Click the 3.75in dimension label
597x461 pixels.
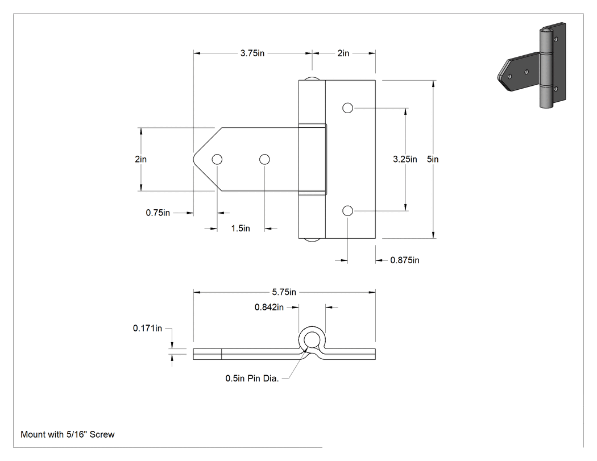pos(252,53)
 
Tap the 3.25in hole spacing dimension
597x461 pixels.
pos(405,159)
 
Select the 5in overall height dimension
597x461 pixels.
pos(433,159)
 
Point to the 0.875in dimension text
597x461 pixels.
pos(405,260)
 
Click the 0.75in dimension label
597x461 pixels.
pos(157,213)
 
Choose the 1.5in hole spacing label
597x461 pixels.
pos(241,229)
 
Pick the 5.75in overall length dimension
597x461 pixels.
pos(284,292)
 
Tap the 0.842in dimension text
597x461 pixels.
pos(269,307)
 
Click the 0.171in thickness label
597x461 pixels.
pos(147,328)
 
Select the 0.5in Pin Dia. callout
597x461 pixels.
pos(252,379)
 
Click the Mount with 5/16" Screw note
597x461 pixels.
pos(68,434)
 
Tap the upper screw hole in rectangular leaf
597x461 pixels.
pos(347,108)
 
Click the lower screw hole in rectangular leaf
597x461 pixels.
pos(347,210)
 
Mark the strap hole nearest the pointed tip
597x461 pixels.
pos(217,159)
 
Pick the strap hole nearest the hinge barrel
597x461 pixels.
pos(264,159)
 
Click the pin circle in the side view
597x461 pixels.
pos(312,339)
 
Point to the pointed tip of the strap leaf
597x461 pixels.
pos(193,159)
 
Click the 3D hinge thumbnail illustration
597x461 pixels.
pos(532,65)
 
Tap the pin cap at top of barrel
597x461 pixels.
pos(312,79)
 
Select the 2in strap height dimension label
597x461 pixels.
pos(140,159)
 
